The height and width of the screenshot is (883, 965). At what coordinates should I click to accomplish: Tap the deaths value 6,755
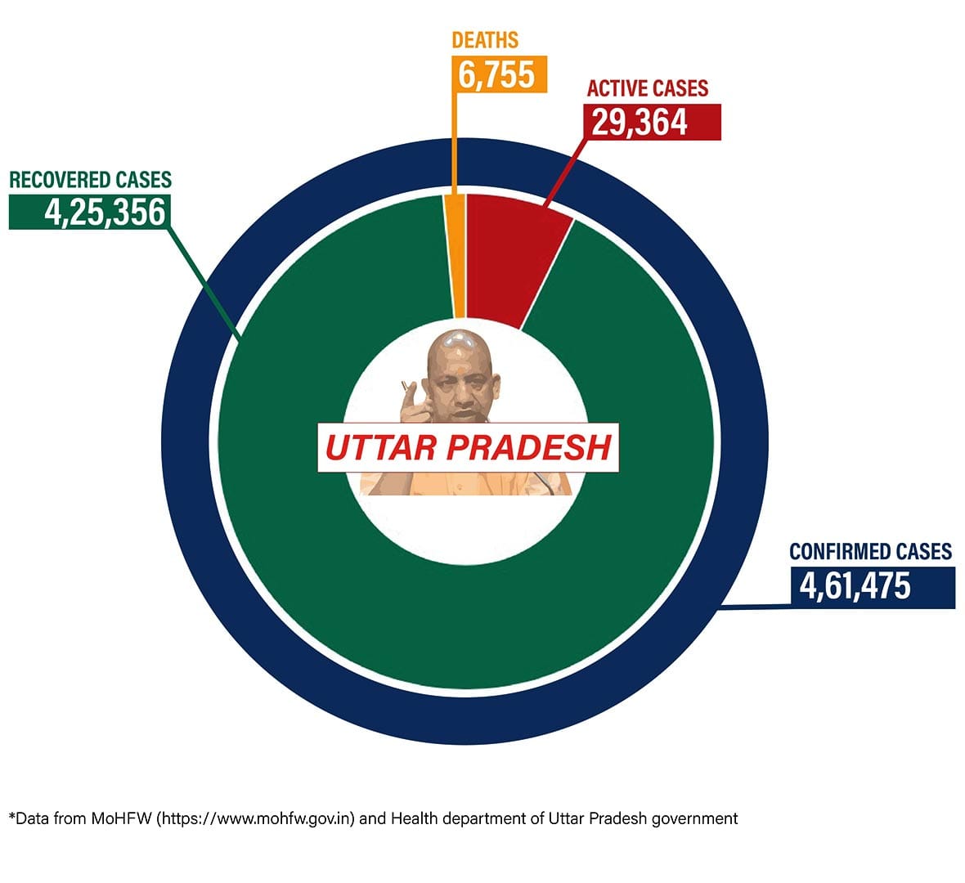point(496,74)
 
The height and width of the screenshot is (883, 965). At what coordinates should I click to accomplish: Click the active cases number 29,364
point(640,122)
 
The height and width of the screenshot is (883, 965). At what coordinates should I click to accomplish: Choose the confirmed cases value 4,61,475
point(855,586)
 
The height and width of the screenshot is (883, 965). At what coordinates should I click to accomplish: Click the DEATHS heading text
point(485,39)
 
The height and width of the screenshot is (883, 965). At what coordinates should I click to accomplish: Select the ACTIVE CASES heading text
point(647,88)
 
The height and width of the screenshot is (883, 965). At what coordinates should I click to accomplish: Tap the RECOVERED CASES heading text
point(90,179)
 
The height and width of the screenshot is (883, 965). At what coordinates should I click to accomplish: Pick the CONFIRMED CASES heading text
point(870,551)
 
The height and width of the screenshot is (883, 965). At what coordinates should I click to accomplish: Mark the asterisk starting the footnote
point(11,816)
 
